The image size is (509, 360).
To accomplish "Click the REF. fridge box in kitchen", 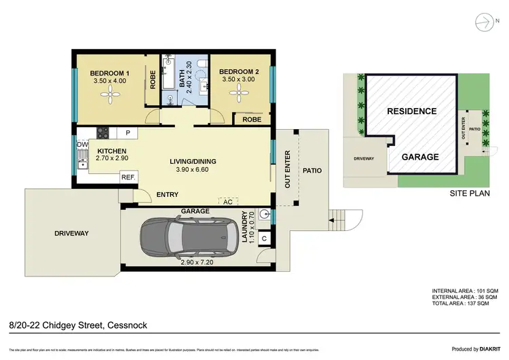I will pyautogui.click(x=128, y=177).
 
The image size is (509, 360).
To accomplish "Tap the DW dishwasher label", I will pyautogui.click(x=82, y=145).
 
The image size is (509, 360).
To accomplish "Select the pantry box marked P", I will pyautogui.click(x=127, y=132).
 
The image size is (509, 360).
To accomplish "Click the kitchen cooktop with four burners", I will pyautogui.click(x=104, y=133).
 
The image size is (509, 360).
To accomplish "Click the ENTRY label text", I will pyautogui.click(x=167, y=195).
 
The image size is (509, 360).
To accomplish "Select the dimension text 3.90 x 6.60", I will pyautogui.click(x=193, y=170).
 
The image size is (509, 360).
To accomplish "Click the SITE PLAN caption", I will pyautogui.click(x=470, y=193).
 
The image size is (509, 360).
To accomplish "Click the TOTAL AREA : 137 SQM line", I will pyautogui.click(x=465, y=304).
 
